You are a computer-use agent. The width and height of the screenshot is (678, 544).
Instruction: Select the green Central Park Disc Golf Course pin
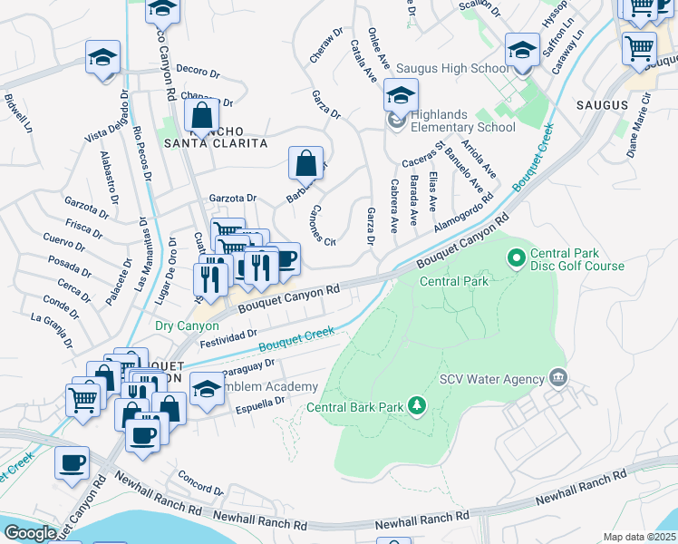point(517,259)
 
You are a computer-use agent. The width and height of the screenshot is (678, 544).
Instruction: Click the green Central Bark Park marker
point(416,405)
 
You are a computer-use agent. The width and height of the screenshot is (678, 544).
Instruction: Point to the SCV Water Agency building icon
point(557,377)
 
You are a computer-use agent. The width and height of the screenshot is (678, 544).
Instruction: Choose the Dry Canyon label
point(187,325)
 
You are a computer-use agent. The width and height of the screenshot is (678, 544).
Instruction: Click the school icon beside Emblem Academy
point(208,388)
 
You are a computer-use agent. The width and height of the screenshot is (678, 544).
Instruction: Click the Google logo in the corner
point(30,533)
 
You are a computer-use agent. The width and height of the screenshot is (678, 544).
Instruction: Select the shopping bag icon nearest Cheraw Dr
point(306,163)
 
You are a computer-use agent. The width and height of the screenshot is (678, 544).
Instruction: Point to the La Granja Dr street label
point(51,328)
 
